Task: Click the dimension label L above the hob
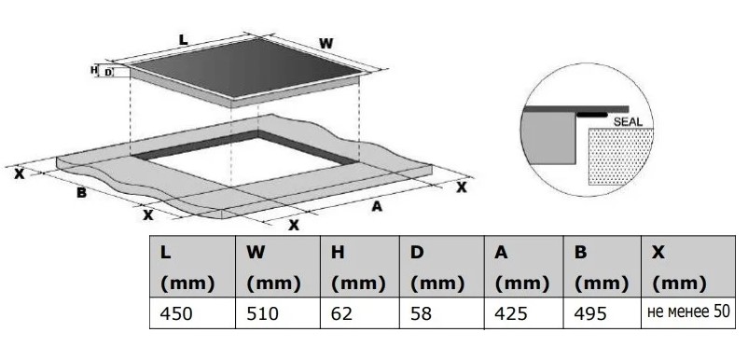tap(183, 39)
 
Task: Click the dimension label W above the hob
tap(326, 44)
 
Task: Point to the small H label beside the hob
tap(94, 70)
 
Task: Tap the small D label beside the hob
tap(108, 73)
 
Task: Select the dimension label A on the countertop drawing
tap(377, 206)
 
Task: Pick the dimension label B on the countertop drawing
tap(81, 193)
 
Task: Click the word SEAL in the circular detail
tap(628, 121)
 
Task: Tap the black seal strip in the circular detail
tap(591, 115)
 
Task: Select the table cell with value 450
tap(192, 313)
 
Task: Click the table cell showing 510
tap(278, 313)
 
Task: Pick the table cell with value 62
tap(360, 313)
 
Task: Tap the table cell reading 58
tap(442, 313)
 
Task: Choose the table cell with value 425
tap(524, 313)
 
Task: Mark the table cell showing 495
tap(602, 313)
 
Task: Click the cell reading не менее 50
tap(688, 312)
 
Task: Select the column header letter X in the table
tap(658, 252)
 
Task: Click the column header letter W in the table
tap(256, 252)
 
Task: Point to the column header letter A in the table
tap(501, 252)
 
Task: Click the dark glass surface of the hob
tap(244, 68)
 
